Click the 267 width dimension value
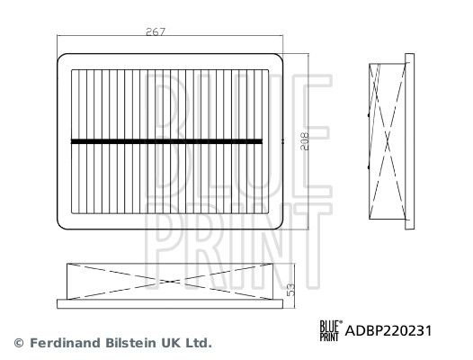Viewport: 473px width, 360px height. (x=156, y=31)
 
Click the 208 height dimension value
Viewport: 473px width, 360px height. (x=304, y=141)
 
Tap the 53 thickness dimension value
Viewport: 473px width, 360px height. (x=290, y=290)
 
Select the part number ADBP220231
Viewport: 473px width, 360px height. (x=388, y=331)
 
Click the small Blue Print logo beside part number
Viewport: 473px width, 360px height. (x=331, y=331)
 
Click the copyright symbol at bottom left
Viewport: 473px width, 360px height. (x=19, y=343)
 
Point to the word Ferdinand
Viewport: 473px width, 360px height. (x=65, y=343)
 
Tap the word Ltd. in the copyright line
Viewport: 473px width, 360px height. (x=199, y=343)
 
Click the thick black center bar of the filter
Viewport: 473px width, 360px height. (x=167, y=141)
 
